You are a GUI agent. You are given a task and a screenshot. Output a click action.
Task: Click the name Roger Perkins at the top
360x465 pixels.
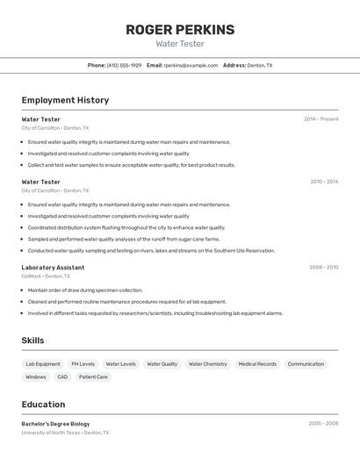click(x=180, y=30)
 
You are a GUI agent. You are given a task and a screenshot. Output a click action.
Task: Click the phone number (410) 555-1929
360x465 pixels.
click(x=124, y=65)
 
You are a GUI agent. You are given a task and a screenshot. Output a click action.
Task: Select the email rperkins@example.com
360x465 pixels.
click(x=191, y=65)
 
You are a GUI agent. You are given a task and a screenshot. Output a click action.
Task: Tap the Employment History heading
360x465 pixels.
click(x=65, y=100)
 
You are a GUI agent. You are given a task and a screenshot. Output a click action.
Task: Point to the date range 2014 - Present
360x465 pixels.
click(x=320, y=119)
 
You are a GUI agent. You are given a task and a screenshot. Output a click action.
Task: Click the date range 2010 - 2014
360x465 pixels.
click(x=324, y=182)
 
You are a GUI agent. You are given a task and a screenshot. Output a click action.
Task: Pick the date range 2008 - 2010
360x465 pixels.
click(x=323, y=267)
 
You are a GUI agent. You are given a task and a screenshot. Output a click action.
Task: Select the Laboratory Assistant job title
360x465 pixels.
click(x=53, y=267)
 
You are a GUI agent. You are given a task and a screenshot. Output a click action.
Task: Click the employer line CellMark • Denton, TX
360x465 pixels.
click(x=46, y=276)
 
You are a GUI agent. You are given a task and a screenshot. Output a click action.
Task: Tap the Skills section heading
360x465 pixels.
click(x=32, y=340)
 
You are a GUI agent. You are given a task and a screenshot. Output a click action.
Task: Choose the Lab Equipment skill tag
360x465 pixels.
click(x=43, y=364)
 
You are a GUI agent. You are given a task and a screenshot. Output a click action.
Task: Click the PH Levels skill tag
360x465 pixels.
click(x=83, y=364)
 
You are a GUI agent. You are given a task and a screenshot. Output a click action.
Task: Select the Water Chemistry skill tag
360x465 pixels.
click(x=208, y=364)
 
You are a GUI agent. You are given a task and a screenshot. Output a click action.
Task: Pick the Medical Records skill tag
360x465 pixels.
click(x=257, y=364)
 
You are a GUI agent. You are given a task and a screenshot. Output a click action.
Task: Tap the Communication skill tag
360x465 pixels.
click(x=306, y=364)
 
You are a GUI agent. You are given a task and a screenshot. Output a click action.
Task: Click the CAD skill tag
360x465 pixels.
click(x=62, y=377)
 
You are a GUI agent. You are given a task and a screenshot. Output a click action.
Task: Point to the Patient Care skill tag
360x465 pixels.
click(x=93, y=377)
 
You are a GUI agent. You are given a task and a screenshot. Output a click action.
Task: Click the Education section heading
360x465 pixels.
click(x=43, y=404)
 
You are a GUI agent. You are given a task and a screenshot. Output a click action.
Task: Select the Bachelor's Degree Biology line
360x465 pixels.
click(x=55, y=424)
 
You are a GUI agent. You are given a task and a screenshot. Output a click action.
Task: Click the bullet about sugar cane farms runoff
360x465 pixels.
click(x=124, y=239)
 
